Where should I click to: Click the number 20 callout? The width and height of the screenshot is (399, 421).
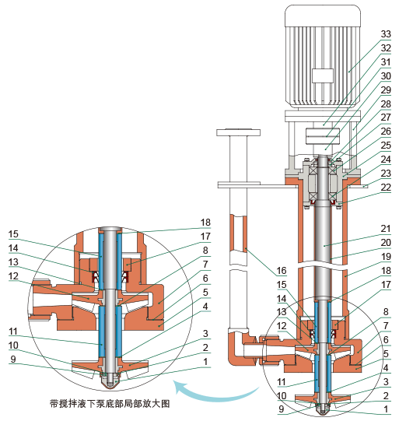(x=383, y=242)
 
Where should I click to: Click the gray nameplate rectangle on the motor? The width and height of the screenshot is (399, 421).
(x=322, y=76)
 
